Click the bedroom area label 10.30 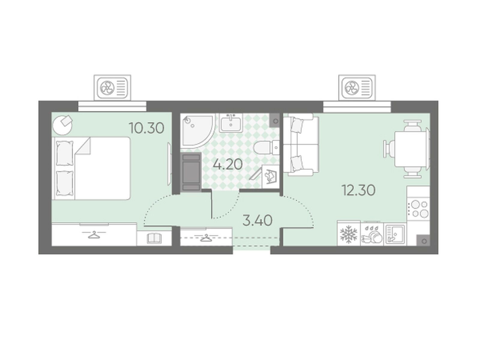pyautogui.click(x=146, y=128)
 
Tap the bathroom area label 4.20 pyautogui.click(x=228, y=164)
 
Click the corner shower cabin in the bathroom pyautogui.click(x=196, y=131)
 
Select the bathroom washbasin pyautogui.click(x=231, y=123)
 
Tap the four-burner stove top pyautogui.click(x=418, y=209)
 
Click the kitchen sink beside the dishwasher pyautogui.click(x=395, y=234)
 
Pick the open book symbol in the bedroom pyautogui.click(x=154, y=238)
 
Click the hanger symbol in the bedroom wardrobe pyautogui.click(x=94, y=235)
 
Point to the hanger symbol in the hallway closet pyautogui.click(x=206, y=237)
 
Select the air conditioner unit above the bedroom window pyautogui.click(x=112, y=88)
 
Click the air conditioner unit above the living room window pyautogui.click(x=357, y=88)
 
